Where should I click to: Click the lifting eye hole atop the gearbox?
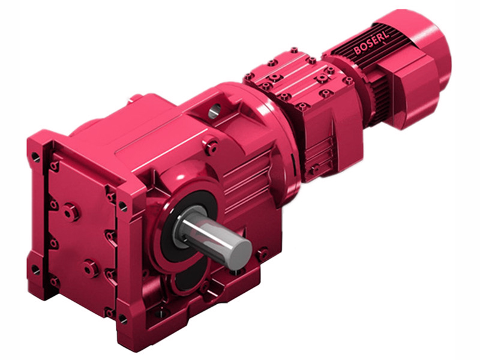click(215, 110)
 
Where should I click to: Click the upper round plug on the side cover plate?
click(71, 211)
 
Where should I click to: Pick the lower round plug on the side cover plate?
click(91, 268)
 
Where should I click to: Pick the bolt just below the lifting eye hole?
click(211, 143)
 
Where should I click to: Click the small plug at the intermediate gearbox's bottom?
click(313, 170)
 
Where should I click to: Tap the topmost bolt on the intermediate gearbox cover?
click(293, 52)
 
